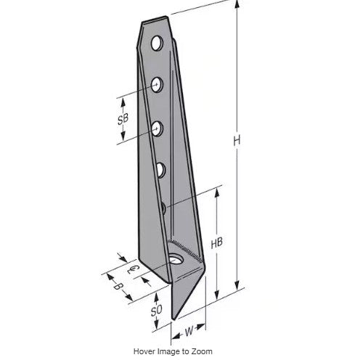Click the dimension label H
(237, 142)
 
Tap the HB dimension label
(216, 245)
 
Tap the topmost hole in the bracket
(157, 44)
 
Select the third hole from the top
(157, 129)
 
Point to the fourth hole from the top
(160, 170)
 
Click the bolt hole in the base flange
(176, 259)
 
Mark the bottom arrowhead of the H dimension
(237, 287)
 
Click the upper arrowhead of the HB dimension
(216, 191)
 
